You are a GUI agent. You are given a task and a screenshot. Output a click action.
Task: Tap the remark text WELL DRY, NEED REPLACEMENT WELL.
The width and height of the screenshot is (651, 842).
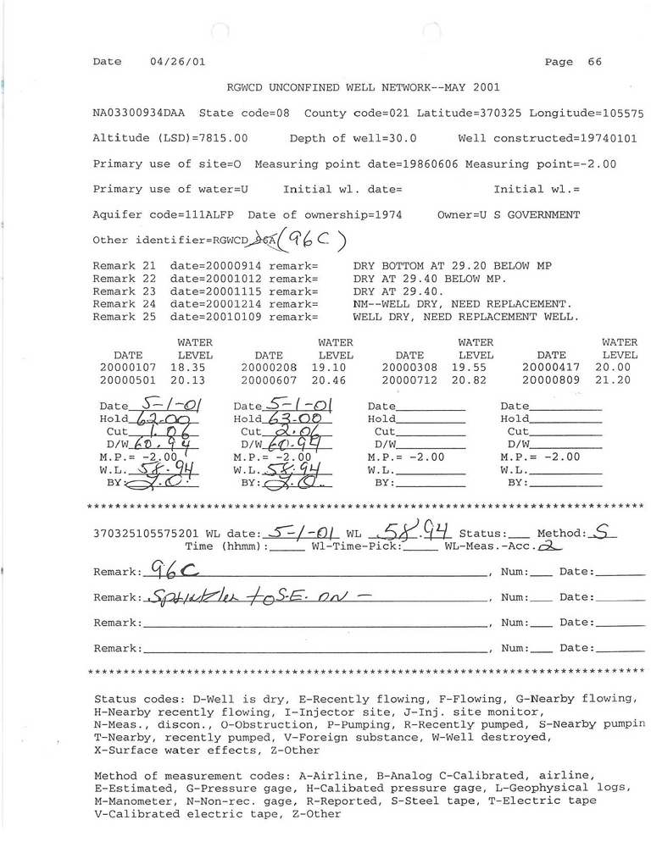pyautogui.click(x=465, y=317)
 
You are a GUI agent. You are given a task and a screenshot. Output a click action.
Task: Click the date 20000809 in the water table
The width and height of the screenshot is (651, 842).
pyautogui.click(x=551, y=381)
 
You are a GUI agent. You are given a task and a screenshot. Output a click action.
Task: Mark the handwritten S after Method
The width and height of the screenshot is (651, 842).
pyautogui.click(x=601, y=533)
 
